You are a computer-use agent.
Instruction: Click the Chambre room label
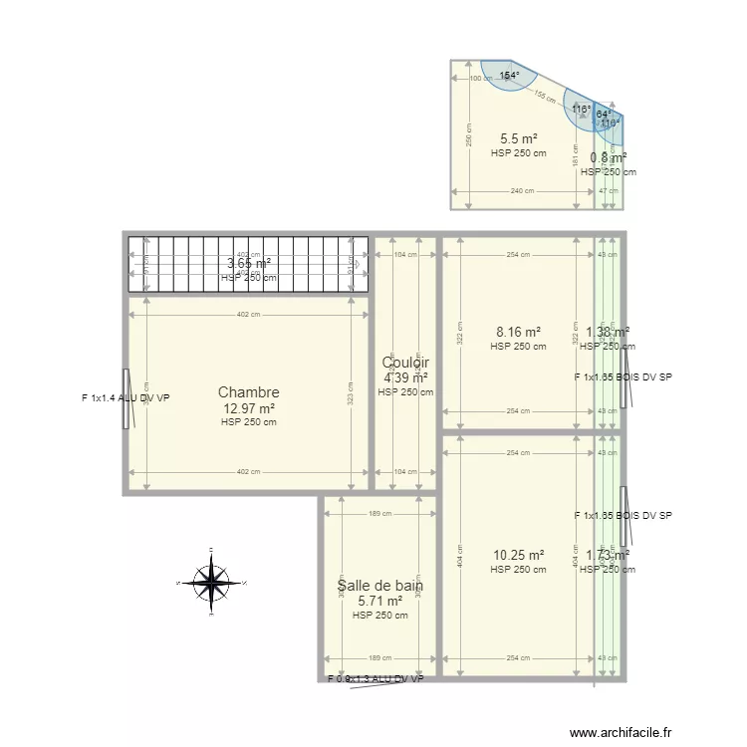248,393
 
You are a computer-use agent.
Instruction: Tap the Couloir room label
405,364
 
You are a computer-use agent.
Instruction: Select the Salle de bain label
379,587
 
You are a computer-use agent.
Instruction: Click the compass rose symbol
211,583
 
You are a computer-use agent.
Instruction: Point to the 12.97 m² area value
248,408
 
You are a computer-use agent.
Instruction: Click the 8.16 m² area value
518,333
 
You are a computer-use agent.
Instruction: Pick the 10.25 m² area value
518,556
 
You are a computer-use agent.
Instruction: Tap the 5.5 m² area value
518,139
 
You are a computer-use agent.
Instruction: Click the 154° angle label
510,76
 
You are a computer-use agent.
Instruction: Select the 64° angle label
604,115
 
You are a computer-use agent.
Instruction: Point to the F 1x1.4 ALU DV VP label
125,398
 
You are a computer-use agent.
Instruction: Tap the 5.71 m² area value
379,601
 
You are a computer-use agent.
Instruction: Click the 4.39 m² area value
405,377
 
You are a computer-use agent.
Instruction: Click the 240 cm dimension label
522,191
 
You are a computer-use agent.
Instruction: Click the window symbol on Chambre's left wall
126,398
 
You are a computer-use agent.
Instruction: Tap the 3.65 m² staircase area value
249,263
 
